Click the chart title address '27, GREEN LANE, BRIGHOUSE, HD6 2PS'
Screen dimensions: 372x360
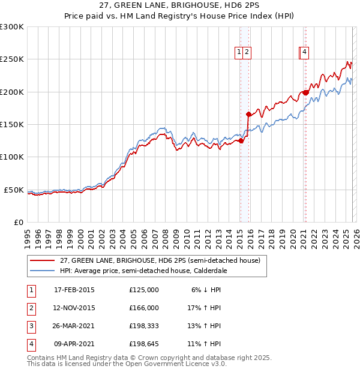(x=179, y=7)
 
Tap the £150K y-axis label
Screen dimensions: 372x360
(x=12, y=124)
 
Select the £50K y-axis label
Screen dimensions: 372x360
(x=14, y=190)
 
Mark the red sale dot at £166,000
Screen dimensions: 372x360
(x=248, y=114)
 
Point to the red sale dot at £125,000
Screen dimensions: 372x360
(x=241, y=141)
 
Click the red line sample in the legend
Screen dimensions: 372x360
(x=43, y=261)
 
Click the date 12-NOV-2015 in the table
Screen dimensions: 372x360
(x=74, y=308)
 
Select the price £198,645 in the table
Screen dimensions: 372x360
(x=144, y=344)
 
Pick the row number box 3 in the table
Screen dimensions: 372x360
(x=31, y=326)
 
